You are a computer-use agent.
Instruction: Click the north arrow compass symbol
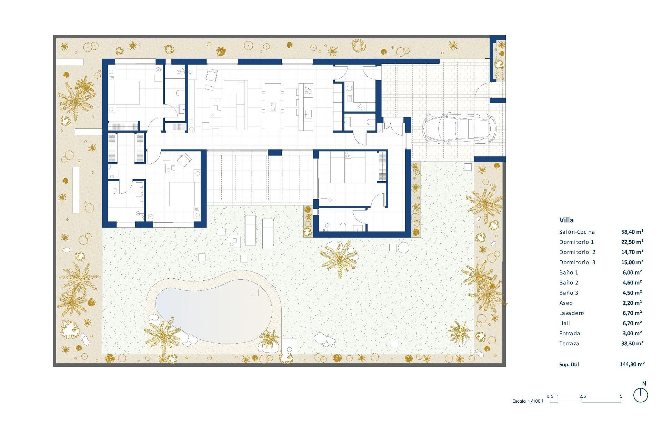pyautogui.click(x=641, y=395)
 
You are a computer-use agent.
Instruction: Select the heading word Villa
pyautogui.click(x=566, y=220)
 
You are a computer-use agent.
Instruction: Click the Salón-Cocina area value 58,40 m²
pyautogui.click(x=632, y=232)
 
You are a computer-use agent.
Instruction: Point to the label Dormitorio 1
pyautogui.click(x=576, y=242)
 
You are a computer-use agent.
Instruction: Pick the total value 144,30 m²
pyautogui.click(x=632, y=364)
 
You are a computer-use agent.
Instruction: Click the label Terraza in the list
pyautogui.click(x=569, y=344)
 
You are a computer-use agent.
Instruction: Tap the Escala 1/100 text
pyautogui.click(x=526, y=401)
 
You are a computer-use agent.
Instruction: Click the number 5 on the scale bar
pyautogui.click(x=621, y=396)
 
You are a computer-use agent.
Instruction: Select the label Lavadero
pyautogui.click(x=571, y=313)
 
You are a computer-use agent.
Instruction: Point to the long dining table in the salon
pyautogui.click(x=273, y=106)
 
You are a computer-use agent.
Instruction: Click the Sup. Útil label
pyautogui.click(x=569, y=364)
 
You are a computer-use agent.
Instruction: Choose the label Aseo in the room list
pyautogui.click(x=566, y=303)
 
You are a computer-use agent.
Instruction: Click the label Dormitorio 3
pyautogui.click(x=577, y=262)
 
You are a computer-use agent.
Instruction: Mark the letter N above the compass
pyautogui.click(x=644, y=384)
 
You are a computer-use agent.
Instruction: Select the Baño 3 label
pyautogui.click(x=569, y=293)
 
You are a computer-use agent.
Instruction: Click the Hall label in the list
pyautogui.click(x=565, y=323)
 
